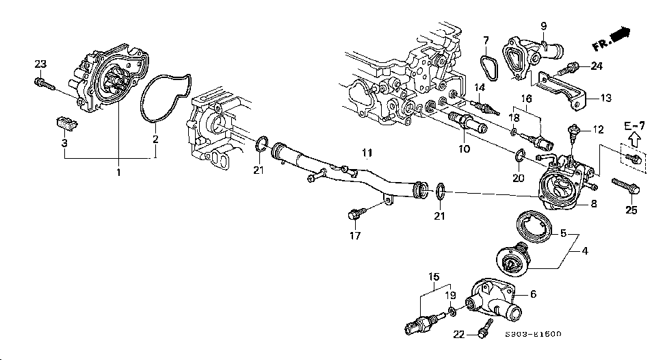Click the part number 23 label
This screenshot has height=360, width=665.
tap(40, 64)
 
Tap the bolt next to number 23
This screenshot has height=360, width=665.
tap(42, 83)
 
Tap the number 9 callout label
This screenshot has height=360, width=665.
tap(544, 27)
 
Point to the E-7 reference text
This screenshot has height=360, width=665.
tap(634, 125)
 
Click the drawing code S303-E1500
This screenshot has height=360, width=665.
tap(533, 335)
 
